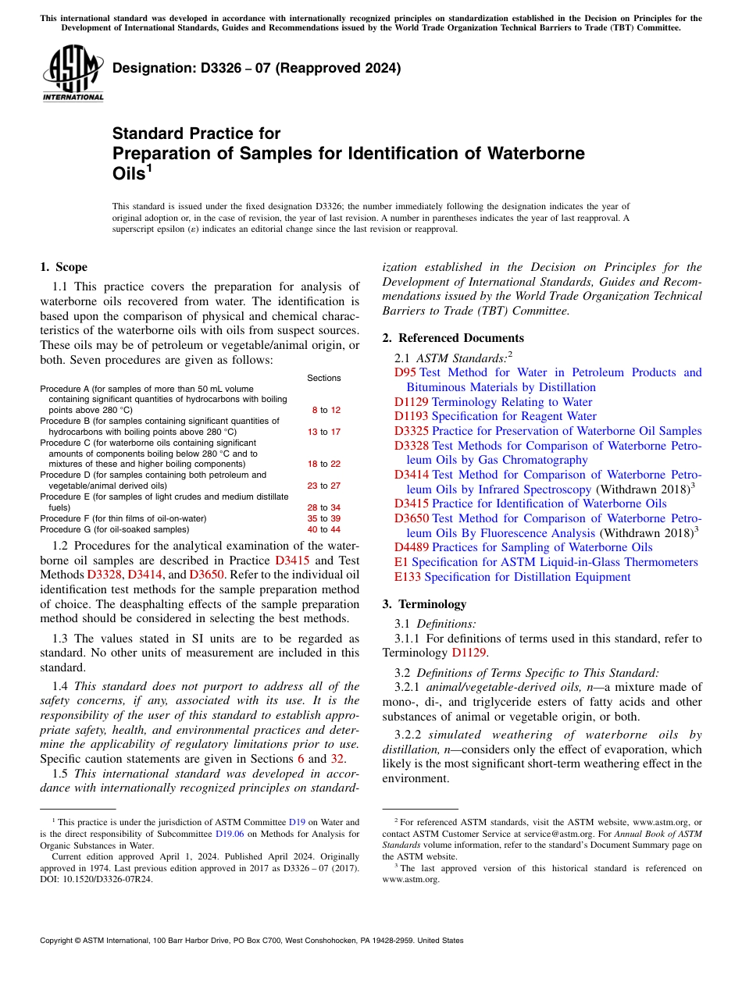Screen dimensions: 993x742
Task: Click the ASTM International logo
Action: coord(73,73)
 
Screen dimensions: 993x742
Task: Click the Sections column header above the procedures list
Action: coord(323,378)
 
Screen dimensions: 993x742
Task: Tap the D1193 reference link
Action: coord(411,416)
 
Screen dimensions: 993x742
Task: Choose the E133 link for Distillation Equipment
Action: coord(408,577)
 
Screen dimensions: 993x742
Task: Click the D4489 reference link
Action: coord(411,547)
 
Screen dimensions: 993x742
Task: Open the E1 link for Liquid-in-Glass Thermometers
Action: coord(401,562)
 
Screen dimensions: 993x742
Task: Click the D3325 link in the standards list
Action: coord(411,431)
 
